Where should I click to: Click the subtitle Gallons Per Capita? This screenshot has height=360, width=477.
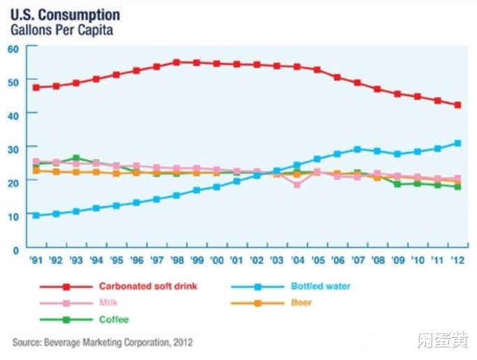pos(61,30)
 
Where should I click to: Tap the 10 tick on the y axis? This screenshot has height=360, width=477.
pos(13,215)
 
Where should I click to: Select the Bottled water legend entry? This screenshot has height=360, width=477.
pos(321,287)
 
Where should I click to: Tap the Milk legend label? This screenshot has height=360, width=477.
pos(109,303)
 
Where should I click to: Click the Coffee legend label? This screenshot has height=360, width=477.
pos(114,320)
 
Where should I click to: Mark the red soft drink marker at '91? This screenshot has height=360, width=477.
pos(36,87)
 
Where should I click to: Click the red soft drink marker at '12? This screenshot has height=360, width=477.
pos(458,105)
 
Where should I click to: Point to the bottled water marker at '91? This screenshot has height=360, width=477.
pos(36,216)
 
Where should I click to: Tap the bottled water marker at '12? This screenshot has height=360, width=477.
pos(458,144)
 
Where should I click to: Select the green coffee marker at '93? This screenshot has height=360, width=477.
pos(76,158)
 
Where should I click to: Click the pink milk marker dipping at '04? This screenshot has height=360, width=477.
pos(298,185)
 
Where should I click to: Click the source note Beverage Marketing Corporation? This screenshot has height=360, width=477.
pos(102,343)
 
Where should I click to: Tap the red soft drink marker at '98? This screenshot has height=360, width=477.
pos(177,62)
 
